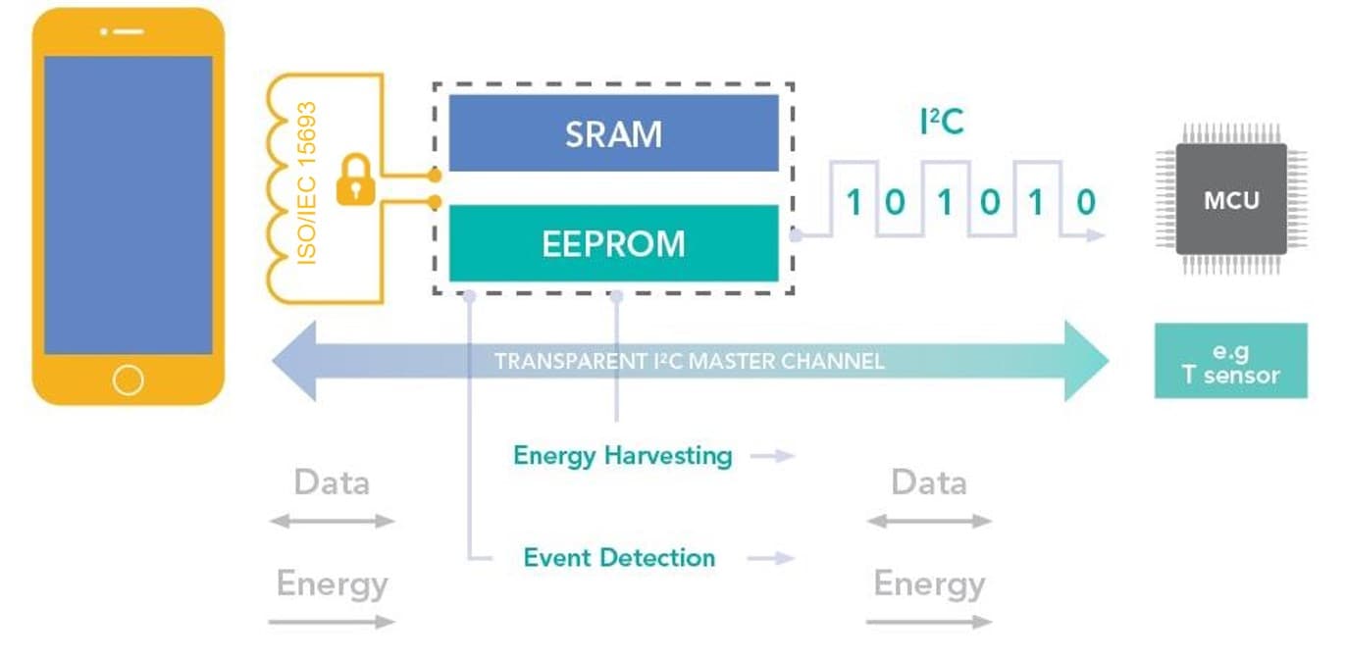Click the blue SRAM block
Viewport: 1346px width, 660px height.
pos(613,133)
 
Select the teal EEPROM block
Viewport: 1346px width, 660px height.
pos(613,243)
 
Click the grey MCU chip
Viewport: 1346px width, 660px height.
pos(1231,200)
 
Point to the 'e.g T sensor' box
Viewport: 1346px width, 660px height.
pos(1230,362)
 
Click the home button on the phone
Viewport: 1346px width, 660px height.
pos(129,380)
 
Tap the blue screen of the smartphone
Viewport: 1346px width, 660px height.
pos(129,204)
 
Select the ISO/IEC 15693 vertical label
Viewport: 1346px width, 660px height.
pos(308,182)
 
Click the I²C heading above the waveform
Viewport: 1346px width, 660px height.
pos(941,123)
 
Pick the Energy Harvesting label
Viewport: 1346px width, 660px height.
pos(623,456)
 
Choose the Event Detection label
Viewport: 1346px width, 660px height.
pos(619,558)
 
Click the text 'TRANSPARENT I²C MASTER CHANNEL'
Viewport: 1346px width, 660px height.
pos(689,362)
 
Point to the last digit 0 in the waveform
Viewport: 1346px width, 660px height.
pos(1085,203)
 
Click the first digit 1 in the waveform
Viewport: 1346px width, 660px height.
pos(854,203)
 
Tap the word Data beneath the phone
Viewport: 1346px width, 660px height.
pos(332,482)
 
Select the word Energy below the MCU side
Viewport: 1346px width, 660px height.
pos(929,584)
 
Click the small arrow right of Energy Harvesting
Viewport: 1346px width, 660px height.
pos(771,456)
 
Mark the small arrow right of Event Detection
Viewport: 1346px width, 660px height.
pos(771,558)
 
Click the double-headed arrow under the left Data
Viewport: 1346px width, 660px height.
pos(332,522)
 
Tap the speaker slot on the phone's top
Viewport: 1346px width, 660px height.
pos(129,31)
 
